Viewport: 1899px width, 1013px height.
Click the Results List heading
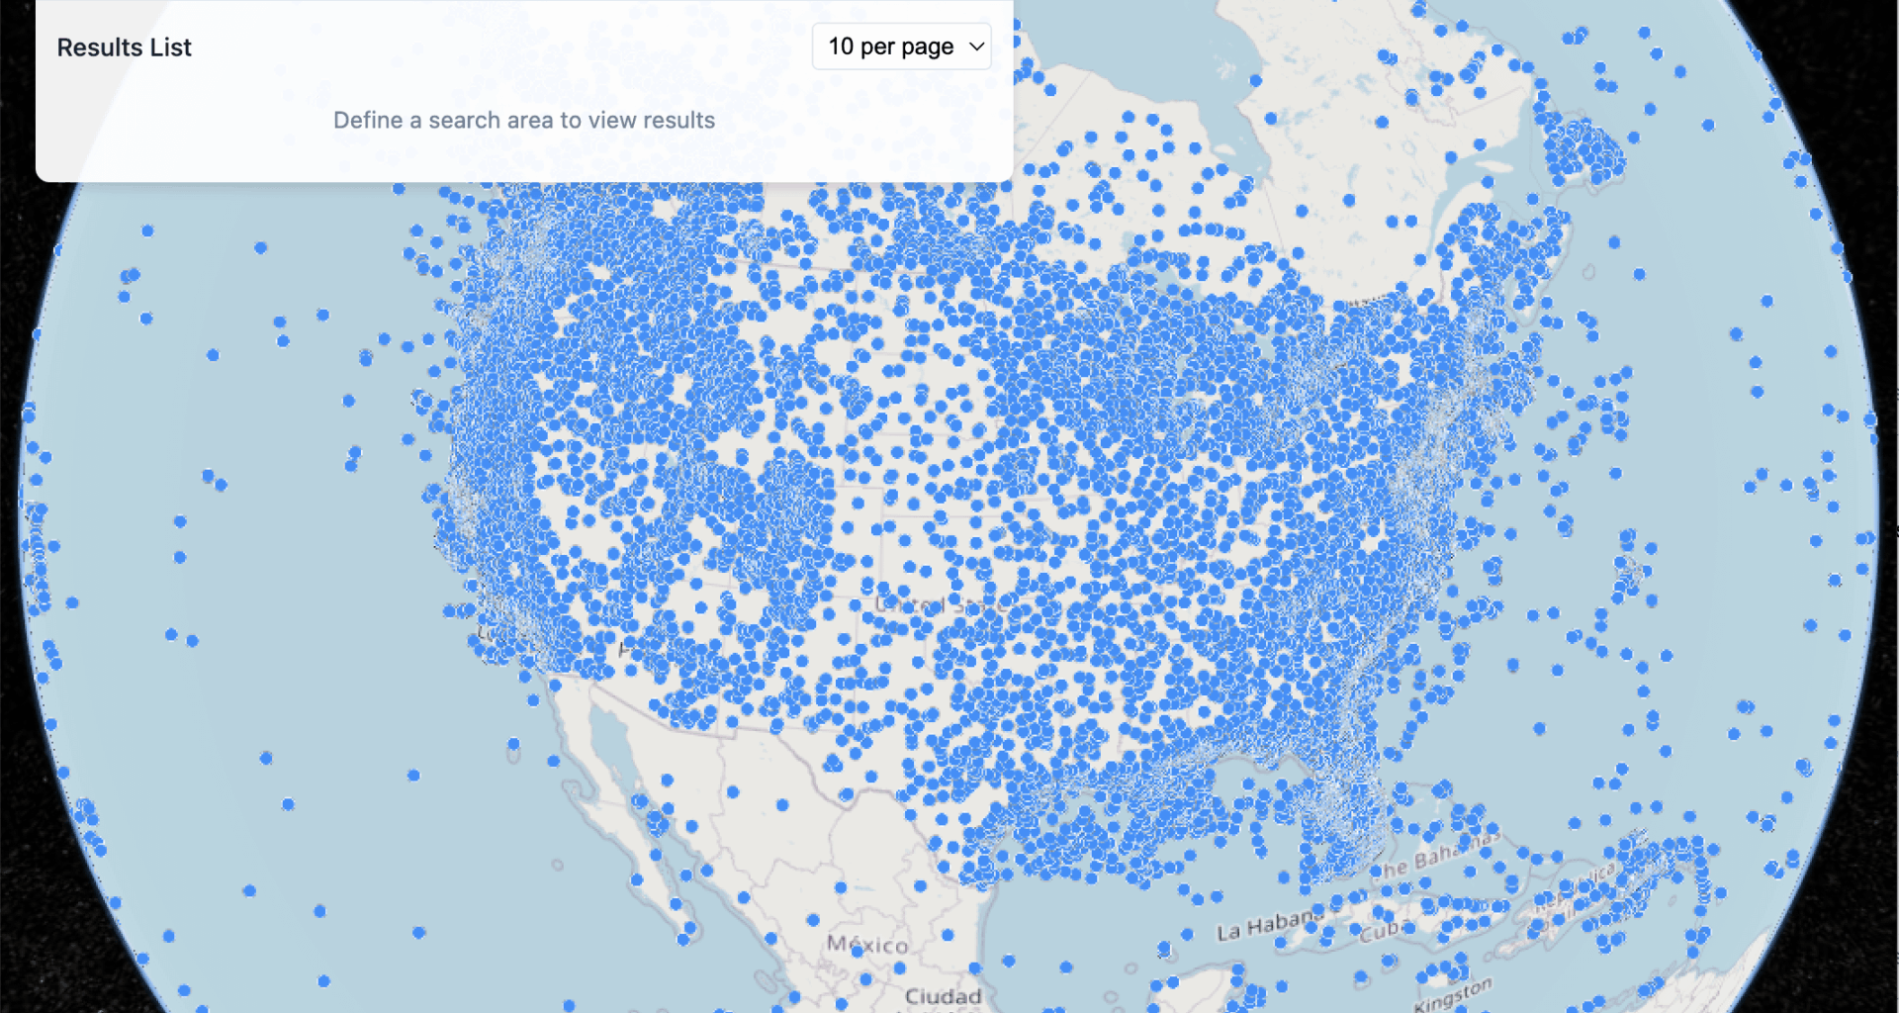coord(124,47)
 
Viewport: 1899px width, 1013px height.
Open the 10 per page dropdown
coord(901,46)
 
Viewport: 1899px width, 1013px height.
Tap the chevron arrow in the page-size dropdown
coord(976,46)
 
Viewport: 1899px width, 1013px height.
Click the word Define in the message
coord(367,121)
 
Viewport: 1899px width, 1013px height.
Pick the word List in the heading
coord(171,47)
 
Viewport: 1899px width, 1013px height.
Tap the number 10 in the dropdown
coord(841,46)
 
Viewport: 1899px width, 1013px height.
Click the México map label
coord(867,945)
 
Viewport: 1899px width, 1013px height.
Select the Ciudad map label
coord(943,996)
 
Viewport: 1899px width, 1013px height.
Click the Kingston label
coord(1452,994)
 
